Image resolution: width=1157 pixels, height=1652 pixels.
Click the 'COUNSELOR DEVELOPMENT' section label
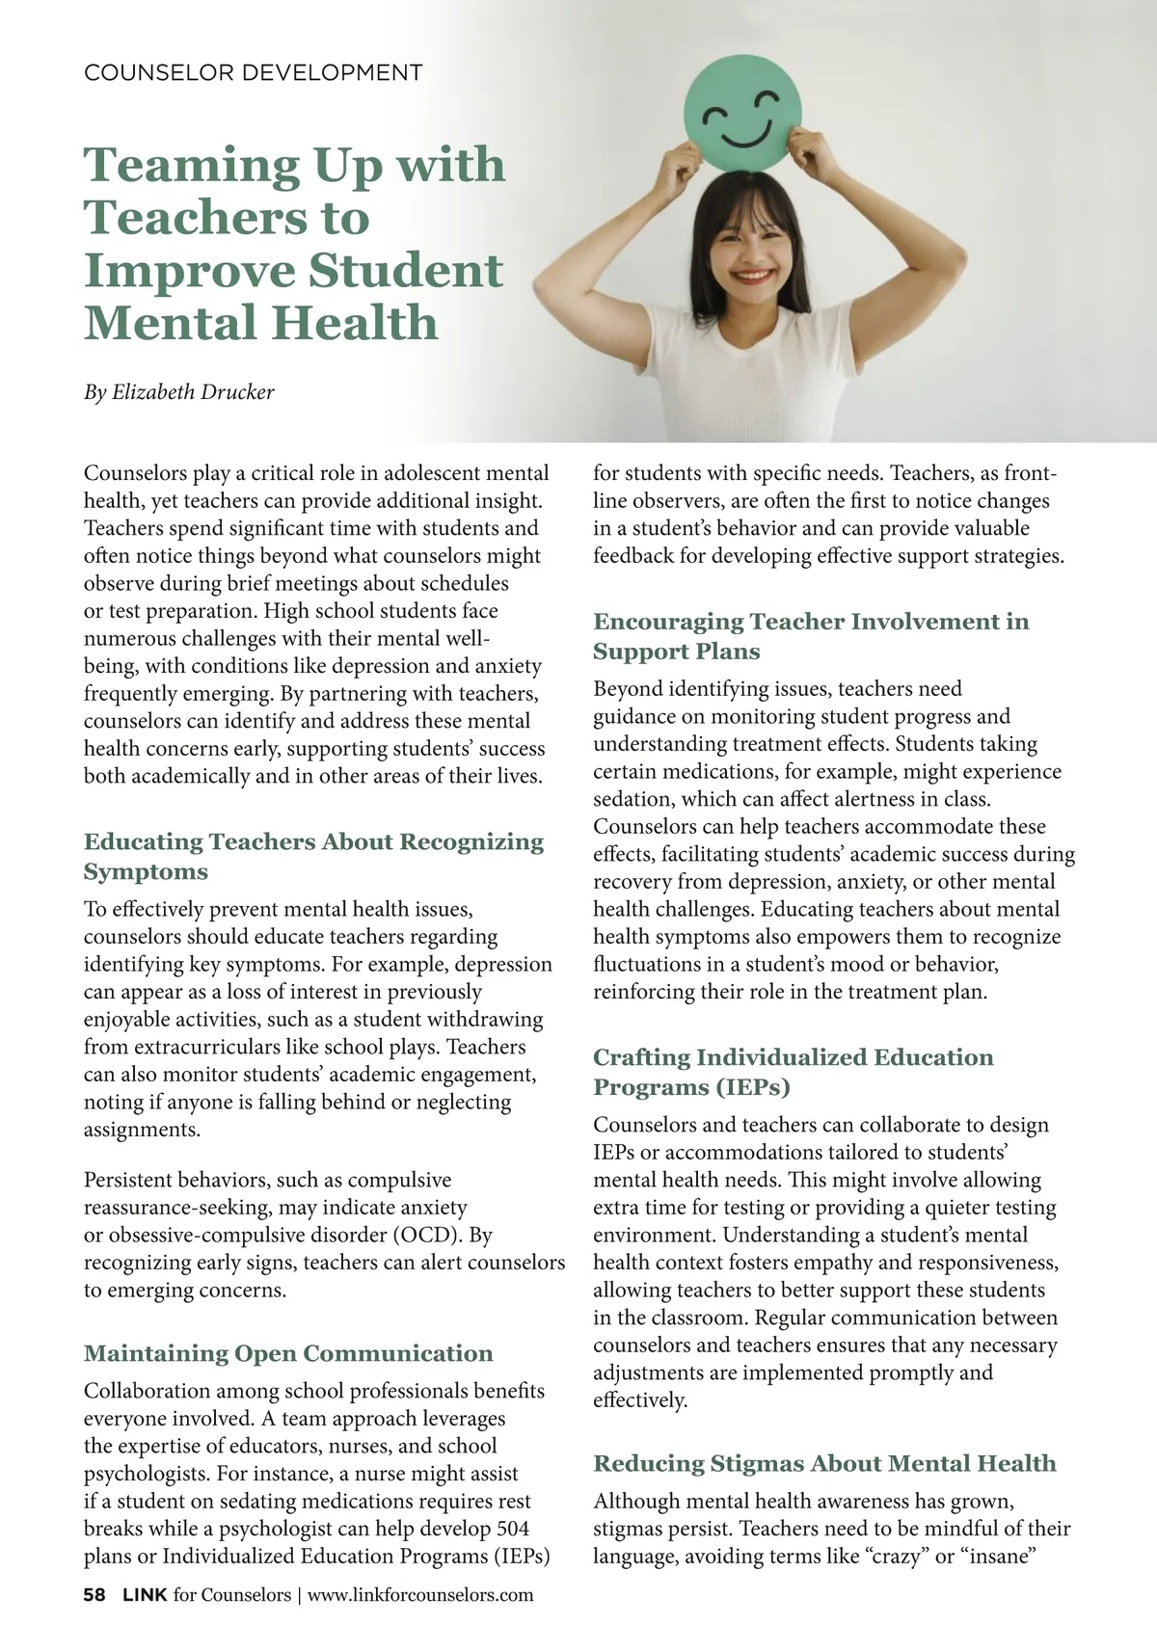(254, 72)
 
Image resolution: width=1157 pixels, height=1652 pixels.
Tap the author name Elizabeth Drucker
(193, 392)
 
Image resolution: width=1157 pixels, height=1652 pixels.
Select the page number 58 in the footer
(94, 1595)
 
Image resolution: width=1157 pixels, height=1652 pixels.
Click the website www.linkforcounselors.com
(419, 1595)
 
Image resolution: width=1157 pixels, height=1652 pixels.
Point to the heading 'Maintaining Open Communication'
(288, 1353)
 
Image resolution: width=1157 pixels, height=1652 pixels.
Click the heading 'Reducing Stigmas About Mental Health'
(824, 1463)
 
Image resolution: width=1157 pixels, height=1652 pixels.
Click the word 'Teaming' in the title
(192, 165)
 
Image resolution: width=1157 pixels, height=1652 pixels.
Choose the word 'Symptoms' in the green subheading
(146, 872)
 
